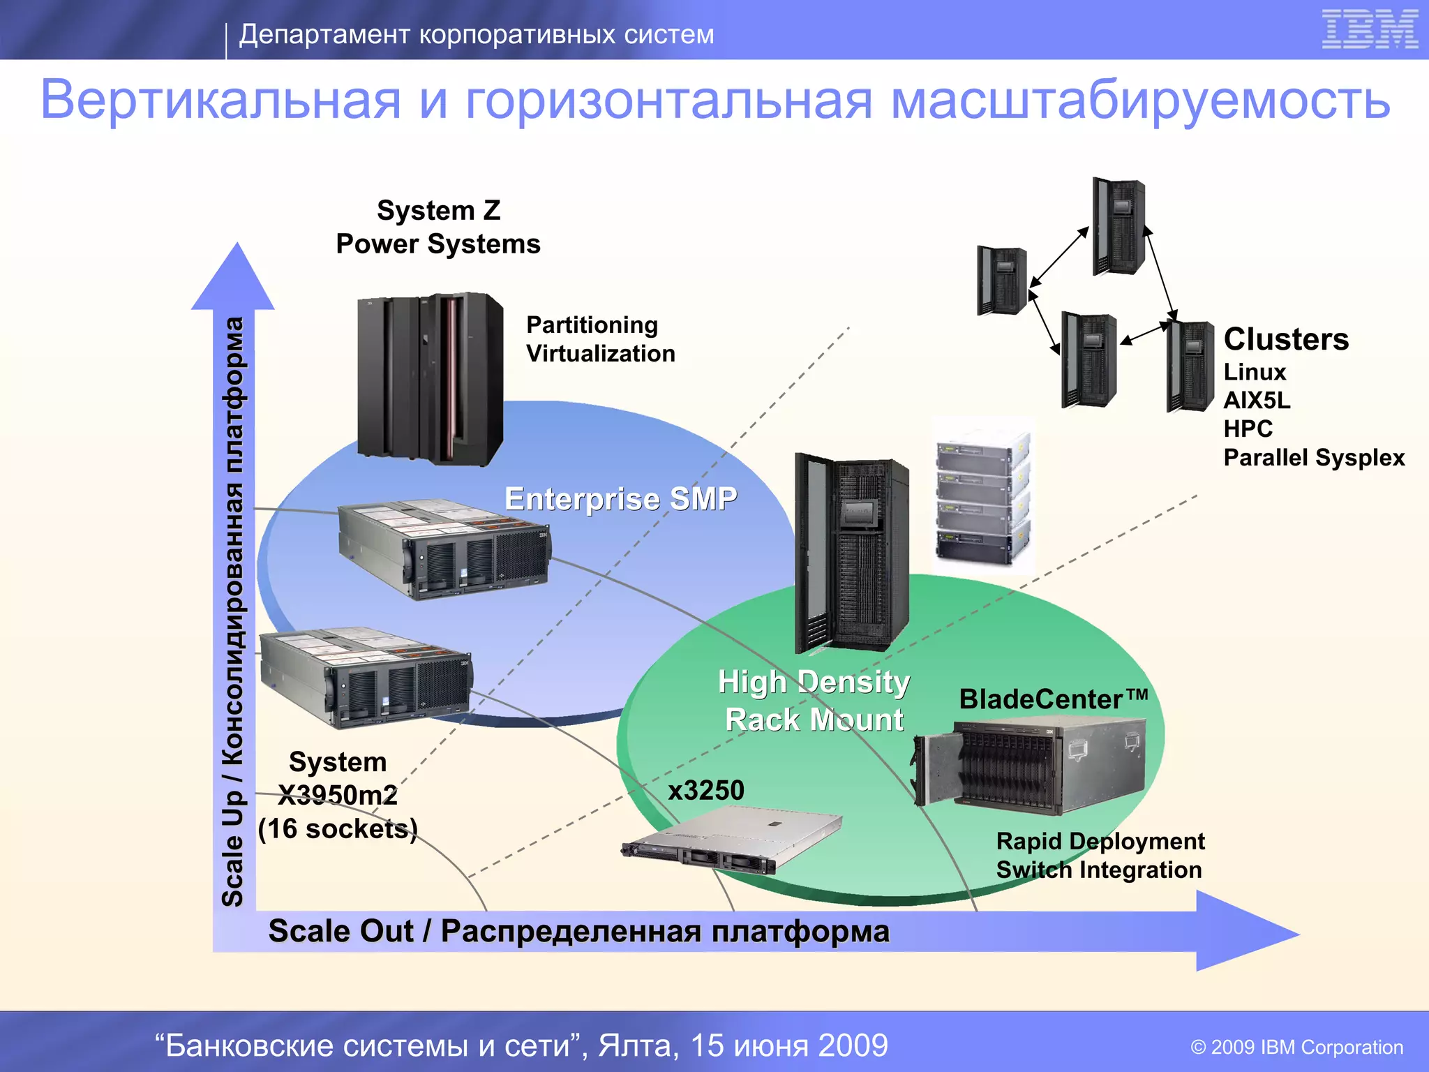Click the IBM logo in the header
point(1370,29)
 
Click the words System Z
point(439,210)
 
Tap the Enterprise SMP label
point(620,499)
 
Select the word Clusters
point(1286,339)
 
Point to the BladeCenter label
point(1053,699)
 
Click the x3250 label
point(706,790)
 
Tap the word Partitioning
point(592,325)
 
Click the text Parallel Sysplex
point(1314,457)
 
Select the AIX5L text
point(1257,400)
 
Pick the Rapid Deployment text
point(1100,841)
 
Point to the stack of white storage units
point(982,495)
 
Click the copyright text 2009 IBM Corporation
point(1296,1047)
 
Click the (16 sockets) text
point(338,828)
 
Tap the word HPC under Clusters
point(1248,429)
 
